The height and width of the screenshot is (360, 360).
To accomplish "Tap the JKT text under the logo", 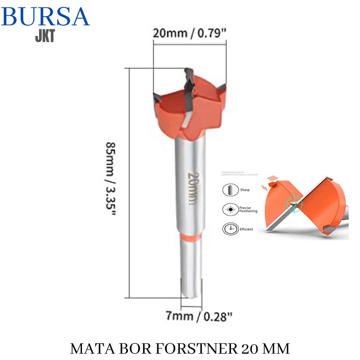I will coord(45,36).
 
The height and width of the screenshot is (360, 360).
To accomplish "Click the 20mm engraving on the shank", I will coord(192,188).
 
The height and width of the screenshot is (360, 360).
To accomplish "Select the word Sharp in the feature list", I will coord(245,190).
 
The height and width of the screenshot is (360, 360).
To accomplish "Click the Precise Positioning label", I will coord(248,210).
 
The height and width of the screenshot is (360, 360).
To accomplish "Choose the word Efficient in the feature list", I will coord(246,229).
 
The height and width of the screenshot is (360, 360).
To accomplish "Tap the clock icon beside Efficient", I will coord(230,229).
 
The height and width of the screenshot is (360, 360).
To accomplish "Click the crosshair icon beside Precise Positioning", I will coord(230,210).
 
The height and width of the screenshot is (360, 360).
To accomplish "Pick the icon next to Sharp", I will coord(230,190).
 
